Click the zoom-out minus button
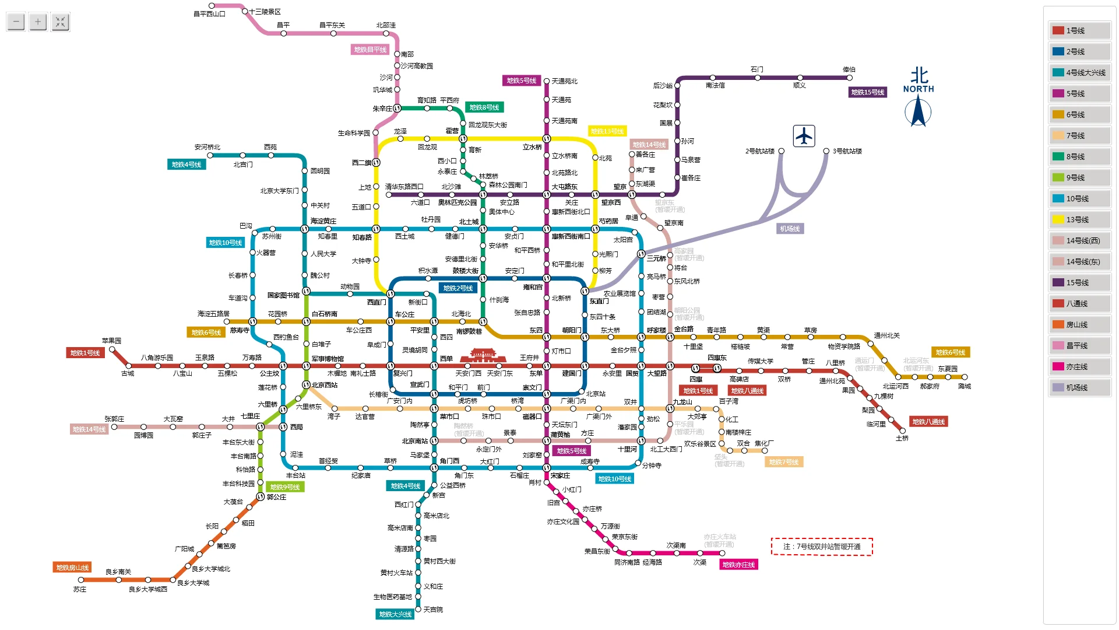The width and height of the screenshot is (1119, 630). point(16,22)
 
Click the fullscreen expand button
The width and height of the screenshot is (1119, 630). point(60,22)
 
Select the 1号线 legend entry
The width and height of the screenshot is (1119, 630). point(1079,30)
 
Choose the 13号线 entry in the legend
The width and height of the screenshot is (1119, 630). point(1079,219)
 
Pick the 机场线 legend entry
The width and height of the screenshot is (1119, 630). point(1079,387)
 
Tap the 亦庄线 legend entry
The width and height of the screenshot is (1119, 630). point(1079,366)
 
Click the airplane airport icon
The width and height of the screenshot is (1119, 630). point(804,136)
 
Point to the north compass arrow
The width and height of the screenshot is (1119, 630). point(918,111)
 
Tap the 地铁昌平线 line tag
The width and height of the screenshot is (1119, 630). point(370,50)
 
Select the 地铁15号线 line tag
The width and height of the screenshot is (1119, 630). point(867,92)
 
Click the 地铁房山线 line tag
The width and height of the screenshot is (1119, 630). point(72,568)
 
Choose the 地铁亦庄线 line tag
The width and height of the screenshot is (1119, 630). point(738,565)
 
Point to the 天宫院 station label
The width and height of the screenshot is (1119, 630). point(433,610)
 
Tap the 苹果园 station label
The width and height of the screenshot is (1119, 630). point(111,341)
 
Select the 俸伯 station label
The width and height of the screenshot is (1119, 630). point(849,69)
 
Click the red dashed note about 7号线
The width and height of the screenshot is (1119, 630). point(822,547)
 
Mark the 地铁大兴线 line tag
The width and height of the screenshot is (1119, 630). point(395,614)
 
